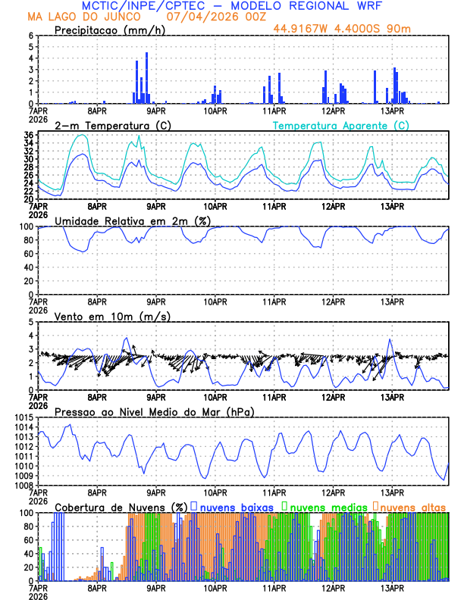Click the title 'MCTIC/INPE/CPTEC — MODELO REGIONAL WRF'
pos(231,6)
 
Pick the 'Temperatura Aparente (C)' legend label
pos(340,125)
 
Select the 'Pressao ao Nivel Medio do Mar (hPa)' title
pos(154,411)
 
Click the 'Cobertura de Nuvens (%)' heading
pos(121,506)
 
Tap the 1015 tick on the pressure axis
pos(23,417)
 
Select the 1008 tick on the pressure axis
pos(23,486)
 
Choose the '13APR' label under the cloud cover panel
pos(392,587)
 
